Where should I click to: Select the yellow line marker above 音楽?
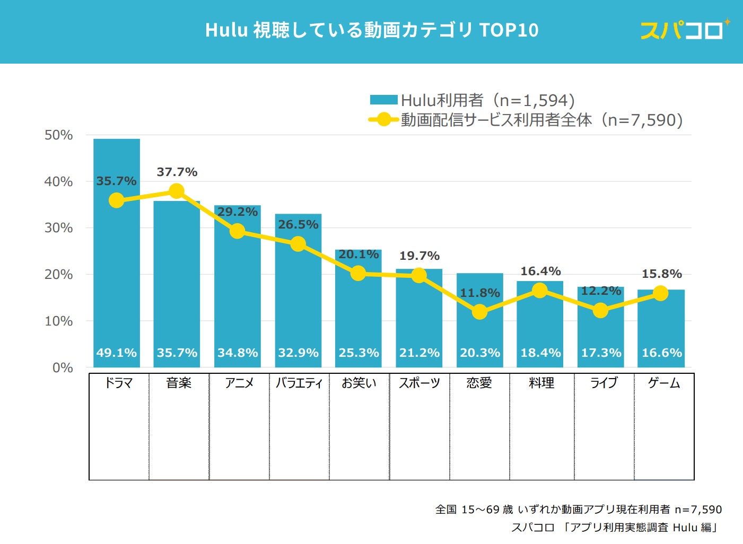pos(177,191)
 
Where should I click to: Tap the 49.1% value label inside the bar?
pos(117,353)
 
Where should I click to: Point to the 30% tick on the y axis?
pos(58,228)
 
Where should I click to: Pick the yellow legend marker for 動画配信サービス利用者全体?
pos(383,120)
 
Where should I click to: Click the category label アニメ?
pos(239,383)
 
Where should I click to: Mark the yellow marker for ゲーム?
pos(660,293)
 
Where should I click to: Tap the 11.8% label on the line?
pos(479,293)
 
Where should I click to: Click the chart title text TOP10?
pos(509,30)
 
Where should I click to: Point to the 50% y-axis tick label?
pos(58,135)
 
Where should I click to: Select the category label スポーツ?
pos(419,383)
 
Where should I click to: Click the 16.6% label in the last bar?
pos(661,353)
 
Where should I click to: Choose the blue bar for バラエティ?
pos(298,297)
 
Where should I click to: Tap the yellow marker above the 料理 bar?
pos(539,290)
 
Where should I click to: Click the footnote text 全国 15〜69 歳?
pos(474,510)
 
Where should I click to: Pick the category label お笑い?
pos(359,383)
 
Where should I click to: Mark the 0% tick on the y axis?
pos(63,368)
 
